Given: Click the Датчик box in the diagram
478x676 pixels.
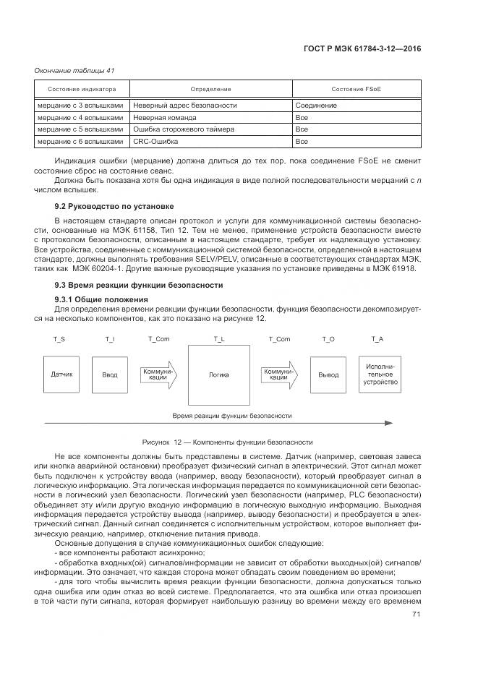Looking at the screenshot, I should (x=61, y=375).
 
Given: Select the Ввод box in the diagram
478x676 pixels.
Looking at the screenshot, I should (x=109, y=375).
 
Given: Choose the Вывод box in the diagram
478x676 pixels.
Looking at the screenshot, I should (x=328, y=375).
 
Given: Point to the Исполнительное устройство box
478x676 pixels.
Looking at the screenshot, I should (x=381, y=375).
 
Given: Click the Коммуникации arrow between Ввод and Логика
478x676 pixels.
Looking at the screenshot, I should (x=158, y=375).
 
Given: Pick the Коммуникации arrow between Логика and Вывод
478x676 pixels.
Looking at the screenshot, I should (x=279, y=375).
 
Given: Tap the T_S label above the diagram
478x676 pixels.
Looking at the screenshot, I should (x=59, y=338).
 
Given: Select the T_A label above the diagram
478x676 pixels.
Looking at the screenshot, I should (x=377, y=338).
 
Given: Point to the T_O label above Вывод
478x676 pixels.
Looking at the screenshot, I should (x=328, y=338).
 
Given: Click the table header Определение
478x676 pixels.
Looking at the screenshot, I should (x=212, y=89).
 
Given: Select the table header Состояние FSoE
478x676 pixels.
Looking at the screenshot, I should (x=356, y=89).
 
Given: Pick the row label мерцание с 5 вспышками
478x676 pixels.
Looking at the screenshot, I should (x=80, y=129).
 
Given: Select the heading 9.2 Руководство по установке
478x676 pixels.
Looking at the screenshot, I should (x=106, y=206).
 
